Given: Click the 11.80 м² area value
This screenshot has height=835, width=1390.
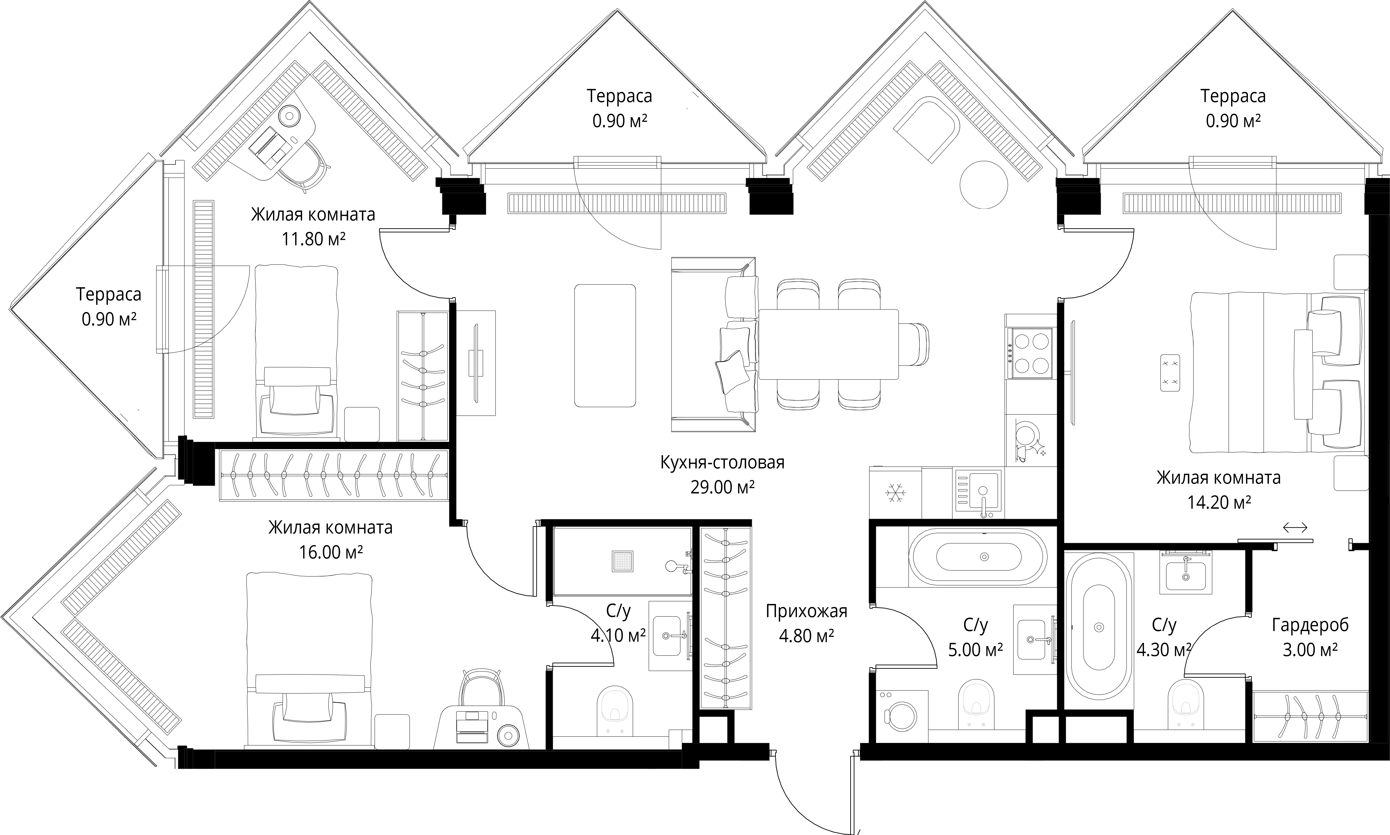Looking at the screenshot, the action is tap(313, 239).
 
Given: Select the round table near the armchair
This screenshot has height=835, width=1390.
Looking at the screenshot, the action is tap(983, 185).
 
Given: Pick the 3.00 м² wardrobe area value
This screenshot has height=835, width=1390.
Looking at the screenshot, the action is tap(1310, 650).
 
